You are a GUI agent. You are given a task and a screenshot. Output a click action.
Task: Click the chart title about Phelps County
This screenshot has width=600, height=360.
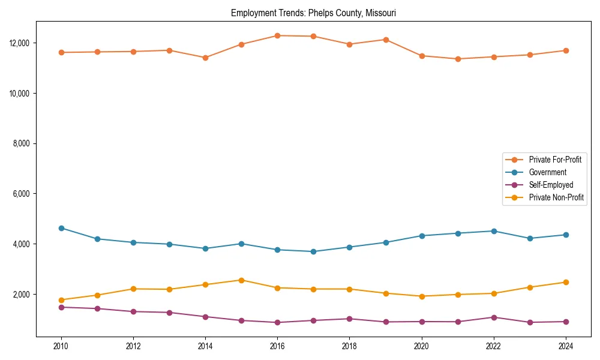(313, 13)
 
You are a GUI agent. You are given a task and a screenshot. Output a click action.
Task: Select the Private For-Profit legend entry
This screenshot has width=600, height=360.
(554, 160)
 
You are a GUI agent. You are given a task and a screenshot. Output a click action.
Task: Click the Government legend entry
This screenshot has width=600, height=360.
(547, 172)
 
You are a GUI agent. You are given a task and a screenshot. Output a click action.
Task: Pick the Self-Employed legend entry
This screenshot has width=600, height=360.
(551, 185)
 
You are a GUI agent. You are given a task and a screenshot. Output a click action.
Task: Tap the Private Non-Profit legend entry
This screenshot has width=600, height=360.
(556, 197)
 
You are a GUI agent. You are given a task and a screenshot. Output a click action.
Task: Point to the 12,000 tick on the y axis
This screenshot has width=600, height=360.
(21, 43)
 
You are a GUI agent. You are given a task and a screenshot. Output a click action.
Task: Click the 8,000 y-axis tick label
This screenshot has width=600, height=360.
(23, 143)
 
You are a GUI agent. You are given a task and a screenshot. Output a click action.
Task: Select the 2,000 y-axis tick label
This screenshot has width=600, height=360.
(23, 295)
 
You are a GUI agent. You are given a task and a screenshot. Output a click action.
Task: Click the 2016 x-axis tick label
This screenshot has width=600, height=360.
(277, 346)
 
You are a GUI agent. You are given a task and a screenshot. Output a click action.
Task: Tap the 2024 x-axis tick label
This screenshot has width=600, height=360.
(565, 346)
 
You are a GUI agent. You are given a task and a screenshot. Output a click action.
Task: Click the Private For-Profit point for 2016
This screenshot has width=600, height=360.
(277, 35)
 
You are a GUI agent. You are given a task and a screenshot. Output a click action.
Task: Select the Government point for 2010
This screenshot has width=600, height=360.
(61, 228)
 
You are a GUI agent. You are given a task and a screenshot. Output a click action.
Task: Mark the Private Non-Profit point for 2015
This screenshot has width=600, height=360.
(241, 280)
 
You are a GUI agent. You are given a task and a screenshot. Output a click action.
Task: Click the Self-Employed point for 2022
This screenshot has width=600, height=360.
(493, 317)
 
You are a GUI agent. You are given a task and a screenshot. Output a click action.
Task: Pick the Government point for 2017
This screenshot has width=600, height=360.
(313, 251)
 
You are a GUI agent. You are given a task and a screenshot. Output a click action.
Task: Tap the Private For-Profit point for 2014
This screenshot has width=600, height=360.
(205, 58)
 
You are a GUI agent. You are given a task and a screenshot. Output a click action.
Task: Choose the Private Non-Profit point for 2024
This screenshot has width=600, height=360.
(565, 282)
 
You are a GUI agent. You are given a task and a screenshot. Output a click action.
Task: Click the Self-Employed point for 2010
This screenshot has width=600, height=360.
(61, 307)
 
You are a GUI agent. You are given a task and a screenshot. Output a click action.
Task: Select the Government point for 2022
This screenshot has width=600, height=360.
(493, 231)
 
